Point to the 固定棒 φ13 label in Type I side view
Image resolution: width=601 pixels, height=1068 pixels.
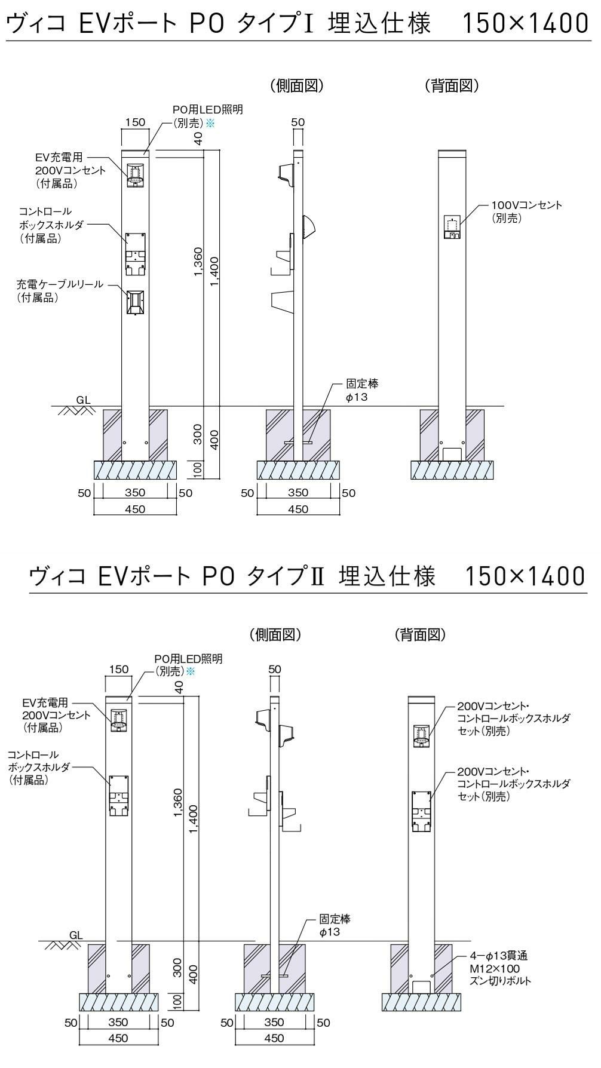pyautogui.click(x=362, y=390)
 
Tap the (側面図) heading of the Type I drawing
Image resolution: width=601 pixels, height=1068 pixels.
pyautogui.click(x=296, y=86)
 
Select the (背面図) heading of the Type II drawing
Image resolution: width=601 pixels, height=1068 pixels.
pyautogui.click(x=421, y=635)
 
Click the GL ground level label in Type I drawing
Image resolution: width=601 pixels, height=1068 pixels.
pyautogui.click(x=84, y=400)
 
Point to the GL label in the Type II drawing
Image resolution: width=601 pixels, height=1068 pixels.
pyautogui.click(x=76, y=935)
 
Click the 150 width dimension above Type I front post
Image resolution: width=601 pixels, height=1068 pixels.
pyautogui.click(x=136, y=122)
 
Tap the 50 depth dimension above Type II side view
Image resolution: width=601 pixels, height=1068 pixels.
pyautogui.click(x=274, y=669)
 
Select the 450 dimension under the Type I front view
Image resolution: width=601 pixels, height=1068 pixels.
pyautogui.click(x=136, y=509)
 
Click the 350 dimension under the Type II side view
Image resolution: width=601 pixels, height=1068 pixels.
pyautogui.click(x=274, y=1022)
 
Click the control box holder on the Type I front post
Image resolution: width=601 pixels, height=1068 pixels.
pyautogui.click(x=136, y=254)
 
